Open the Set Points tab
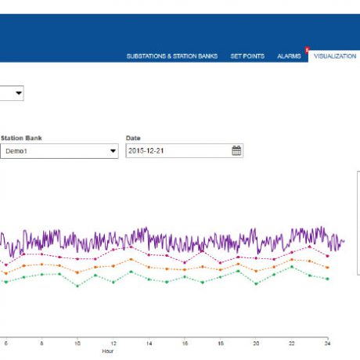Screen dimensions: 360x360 pyautogui.click(x=247, y=56)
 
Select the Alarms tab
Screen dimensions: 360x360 pyautogui.click(x=289, y=56)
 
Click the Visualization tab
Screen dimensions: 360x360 pyautogui.click(x=334, y=56)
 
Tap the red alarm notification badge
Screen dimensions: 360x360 pyautogui.click(x=307, y=49)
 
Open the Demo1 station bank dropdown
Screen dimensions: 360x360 pyautogui.click(x=58, y=151)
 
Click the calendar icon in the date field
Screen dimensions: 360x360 pyautogui.click(x=236, y=151)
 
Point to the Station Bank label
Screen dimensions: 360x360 pyautogui.click(x=23, y=139)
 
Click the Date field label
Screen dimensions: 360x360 pyautogui.click(x=132, y=139)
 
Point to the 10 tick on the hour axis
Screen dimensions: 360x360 pyautogui.click(x=77, y=343)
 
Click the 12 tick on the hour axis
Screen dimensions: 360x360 pyautogui.click(x=113, y=343)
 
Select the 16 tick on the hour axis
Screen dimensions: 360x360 pyautogui.click(x=185, y=343)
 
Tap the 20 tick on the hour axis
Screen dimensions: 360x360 pyautogui.click(x=256, y=343)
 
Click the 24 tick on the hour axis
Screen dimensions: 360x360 pyautogui.click(x=327, y=343)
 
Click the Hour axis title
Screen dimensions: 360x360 pyautogui.click(x=108, y=351)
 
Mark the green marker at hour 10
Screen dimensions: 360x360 pyautogui.click(x=77, y=286)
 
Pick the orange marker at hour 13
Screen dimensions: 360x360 pyautogui.click(x=131, y=259)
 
